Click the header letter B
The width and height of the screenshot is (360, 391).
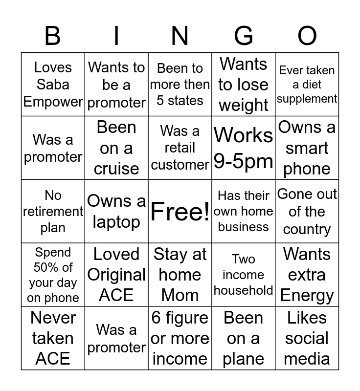52,36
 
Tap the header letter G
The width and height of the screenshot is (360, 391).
244,36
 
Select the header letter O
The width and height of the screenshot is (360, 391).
307,36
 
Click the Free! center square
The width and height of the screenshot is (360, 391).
180,212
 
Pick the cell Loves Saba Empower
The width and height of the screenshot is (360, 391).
53,85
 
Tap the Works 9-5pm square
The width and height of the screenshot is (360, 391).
244,148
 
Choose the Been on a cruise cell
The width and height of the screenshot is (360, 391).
116,148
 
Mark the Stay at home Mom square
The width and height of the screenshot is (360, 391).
180,275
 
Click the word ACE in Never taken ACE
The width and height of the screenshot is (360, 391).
53,359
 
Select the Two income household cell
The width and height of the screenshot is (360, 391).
244,275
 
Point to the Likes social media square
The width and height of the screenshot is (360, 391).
307,338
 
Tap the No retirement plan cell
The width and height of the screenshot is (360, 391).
53,212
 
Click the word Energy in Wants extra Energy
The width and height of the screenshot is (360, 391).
307,296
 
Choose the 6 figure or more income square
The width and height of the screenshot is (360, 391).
180,338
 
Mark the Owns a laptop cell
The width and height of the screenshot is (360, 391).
116,212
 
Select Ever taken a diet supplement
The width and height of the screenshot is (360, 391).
307,85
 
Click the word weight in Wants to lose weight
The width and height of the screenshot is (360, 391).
244,106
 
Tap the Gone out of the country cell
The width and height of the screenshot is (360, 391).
307,212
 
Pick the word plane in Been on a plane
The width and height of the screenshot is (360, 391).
244,359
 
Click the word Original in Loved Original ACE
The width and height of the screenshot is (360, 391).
116,275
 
